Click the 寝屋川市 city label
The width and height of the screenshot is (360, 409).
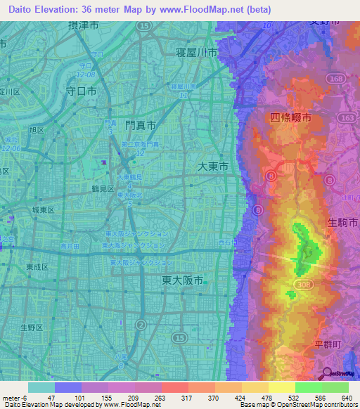(197, 53)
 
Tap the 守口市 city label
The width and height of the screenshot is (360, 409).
(81, 91)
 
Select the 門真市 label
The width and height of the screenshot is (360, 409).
(140, 124)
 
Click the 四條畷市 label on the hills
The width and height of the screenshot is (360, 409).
(290, 118)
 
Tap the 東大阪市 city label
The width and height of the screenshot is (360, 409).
(178, 279)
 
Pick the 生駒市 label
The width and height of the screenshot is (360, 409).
(342, 222)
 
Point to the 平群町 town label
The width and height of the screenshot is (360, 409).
(327, 344)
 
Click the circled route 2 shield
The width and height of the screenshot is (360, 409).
(141, 324)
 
